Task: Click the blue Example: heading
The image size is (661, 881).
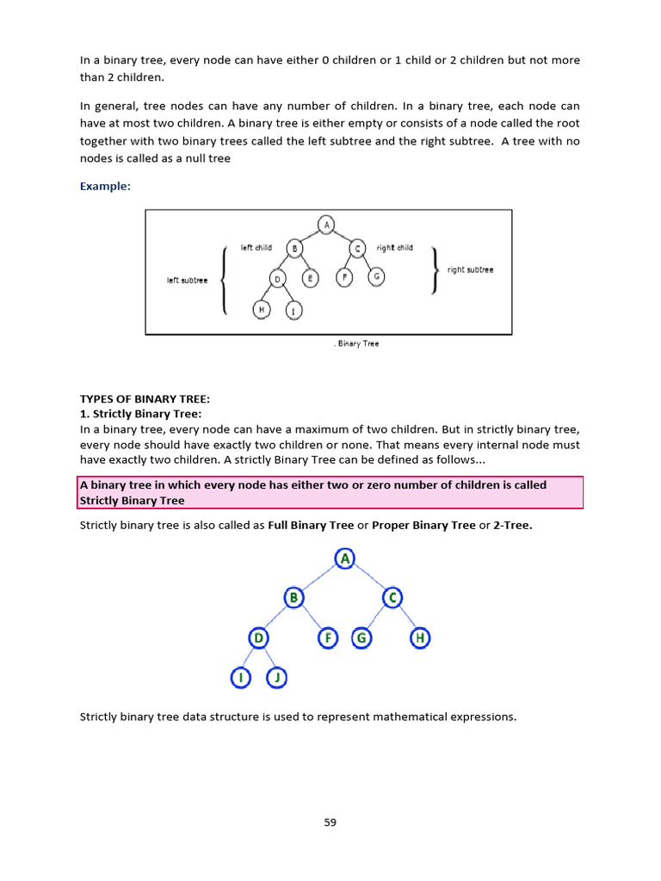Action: pyautogui.click(x=105, y=186)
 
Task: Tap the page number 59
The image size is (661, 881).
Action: pyautogui.click(x=330, y=822)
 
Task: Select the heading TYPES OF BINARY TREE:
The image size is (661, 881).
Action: pyautogui.click(x=145, y=398)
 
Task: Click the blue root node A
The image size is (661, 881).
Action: pyautogui.click(x=345, y=559)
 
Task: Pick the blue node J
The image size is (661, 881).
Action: pyautogui.click(x=276, y=678)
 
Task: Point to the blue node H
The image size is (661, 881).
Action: pyautogui.click(x=420, y=638)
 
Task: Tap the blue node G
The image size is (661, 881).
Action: pyautogui.click(x=361, y=638)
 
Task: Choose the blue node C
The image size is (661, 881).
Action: pyautogui.click(x=392, y=597)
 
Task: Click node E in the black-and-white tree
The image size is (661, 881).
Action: pyautogui.click(x=311, y=278)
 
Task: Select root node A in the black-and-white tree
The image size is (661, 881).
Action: pyautogui.click(x=326, y=225)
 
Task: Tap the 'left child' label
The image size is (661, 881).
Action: pyautogui.click(x=256, y=248)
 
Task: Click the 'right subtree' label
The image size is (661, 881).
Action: pyautogui.click(x=470, y=269)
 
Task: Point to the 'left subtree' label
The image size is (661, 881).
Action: pyautogui.click(x=187, y=280)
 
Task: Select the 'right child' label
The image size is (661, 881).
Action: pyautogui.click(x=394, y=248)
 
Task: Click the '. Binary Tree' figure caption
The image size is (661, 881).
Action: pyautogui.click(x=355, y=343)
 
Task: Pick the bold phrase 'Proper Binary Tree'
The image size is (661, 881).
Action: pyautogui.click(x=423, y=525)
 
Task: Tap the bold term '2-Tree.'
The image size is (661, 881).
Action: pyautogui.click(x=513, y=525)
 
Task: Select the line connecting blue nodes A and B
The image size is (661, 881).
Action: pyautogui.click(x=319, y=578)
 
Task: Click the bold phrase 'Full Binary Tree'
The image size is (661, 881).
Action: pyautogui.click(x=311, y=525)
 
